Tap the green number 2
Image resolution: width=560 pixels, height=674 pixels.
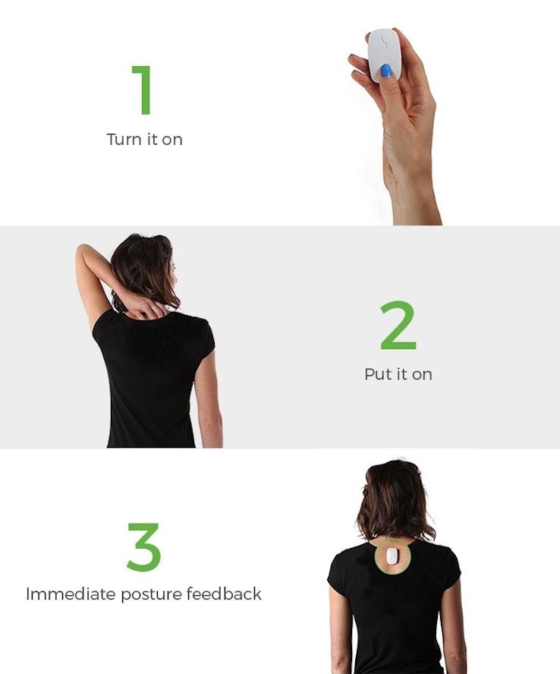coord(398,325)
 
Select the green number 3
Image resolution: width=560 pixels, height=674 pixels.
coord(144,546)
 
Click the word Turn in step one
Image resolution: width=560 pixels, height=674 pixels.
coord(124,139)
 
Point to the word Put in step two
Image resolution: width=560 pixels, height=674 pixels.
coord(377,374)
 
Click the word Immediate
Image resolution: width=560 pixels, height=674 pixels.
coord(71,594)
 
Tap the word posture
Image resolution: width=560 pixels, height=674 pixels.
coord(151,594)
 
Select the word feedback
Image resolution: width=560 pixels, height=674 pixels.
coord(224,594)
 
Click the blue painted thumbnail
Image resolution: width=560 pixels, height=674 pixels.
coord(386,71)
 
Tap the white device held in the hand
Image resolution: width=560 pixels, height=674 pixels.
coord(384,55)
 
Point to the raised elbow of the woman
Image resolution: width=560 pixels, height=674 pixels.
coord(83,250)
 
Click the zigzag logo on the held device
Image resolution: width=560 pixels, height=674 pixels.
coord(384,43)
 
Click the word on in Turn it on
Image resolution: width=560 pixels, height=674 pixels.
coord(172,140)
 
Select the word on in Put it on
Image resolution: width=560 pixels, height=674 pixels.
coord(422,375)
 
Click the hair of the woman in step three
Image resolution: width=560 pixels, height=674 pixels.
coord(394,499)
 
